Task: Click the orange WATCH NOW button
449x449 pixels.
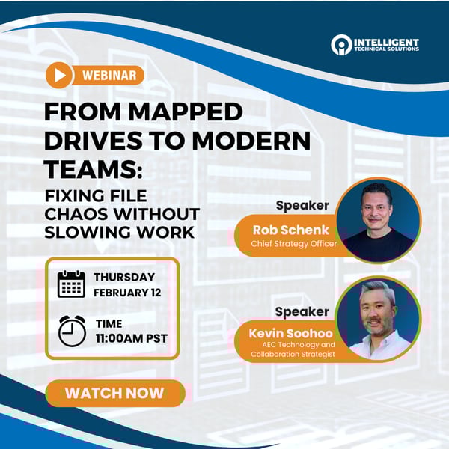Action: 114,393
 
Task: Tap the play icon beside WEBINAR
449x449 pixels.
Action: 59,74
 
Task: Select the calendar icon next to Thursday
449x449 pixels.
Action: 72,284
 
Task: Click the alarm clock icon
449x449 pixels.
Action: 72,330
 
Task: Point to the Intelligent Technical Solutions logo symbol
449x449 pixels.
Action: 341,44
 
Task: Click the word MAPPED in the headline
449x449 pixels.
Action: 190,112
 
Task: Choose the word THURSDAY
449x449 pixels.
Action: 124,276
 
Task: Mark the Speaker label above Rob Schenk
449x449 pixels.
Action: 302,205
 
